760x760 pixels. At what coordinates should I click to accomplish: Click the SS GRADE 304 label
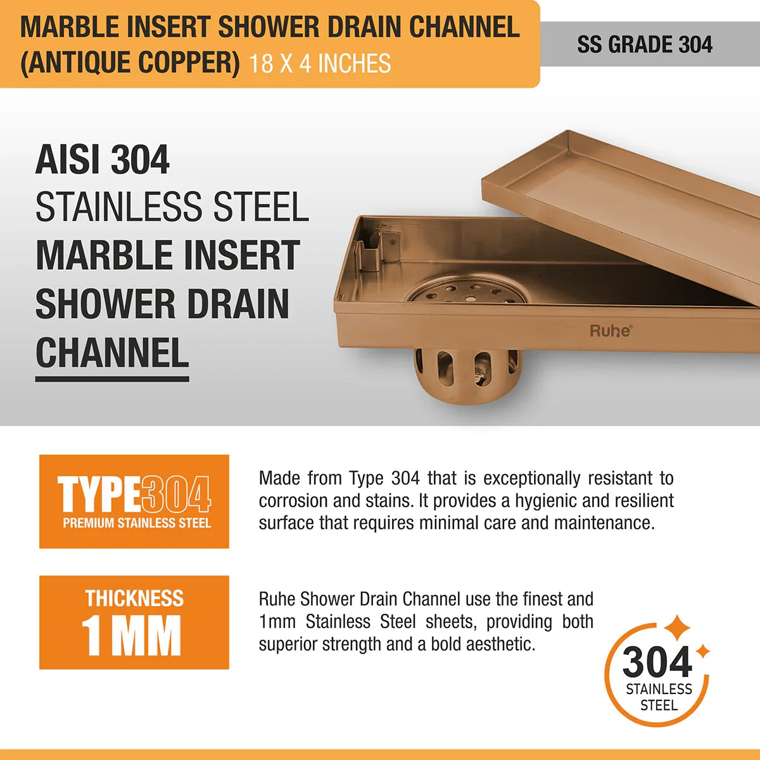[x=644, y=44]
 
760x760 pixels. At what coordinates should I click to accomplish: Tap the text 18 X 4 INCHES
[x=320, y=64]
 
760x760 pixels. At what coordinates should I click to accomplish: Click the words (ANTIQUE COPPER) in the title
[x=130, y=63]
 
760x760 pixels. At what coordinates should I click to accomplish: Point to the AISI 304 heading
[x=103, y=160]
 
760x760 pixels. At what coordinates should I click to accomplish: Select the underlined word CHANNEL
[x=112, y=353]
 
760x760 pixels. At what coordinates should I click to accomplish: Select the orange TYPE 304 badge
[x=134, y=501]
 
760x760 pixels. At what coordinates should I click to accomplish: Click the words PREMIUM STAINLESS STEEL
[x=137, y=523]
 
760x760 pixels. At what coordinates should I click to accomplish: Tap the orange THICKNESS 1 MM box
[x=134, y=622]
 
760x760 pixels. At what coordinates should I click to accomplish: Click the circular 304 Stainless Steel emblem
[x=658, y=674]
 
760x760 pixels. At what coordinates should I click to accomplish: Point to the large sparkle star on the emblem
[x=677, y=628]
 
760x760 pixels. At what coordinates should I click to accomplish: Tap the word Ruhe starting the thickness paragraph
[x=277, y=599]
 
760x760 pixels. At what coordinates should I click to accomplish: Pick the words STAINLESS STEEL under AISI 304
[x=172, y=207]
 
